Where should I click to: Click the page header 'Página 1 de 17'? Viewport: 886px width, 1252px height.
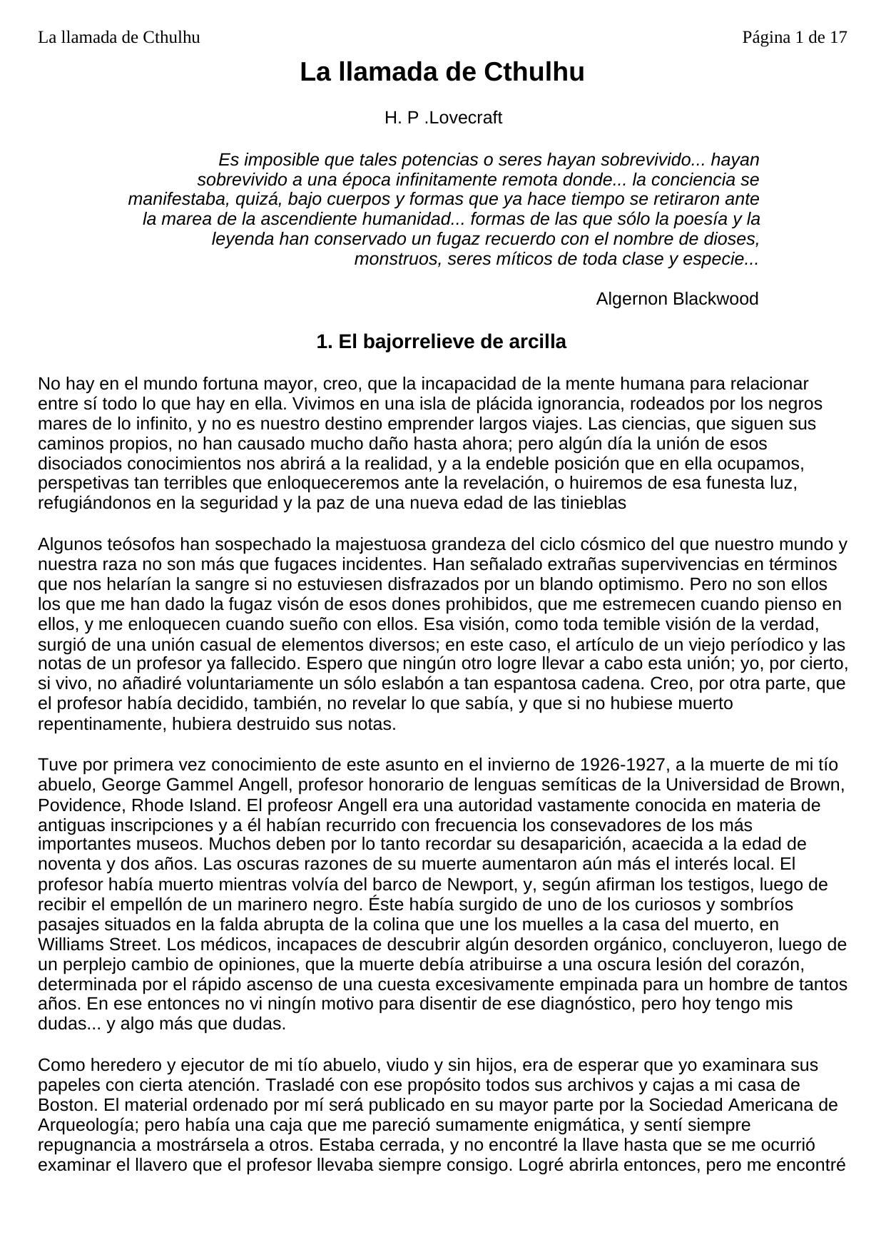[x=794, y=37]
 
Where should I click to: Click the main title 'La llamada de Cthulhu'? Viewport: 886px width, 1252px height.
[x=442, y=72]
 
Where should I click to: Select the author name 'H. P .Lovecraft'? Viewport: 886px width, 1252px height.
[x=443, y=118]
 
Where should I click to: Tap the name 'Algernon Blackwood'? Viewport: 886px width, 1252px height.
[x=677, y=299]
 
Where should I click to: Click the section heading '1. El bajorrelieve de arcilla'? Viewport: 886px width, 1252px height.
[x=441, y=342]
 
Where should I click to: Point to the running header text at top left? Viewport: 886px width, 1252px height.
[x=118, y=37]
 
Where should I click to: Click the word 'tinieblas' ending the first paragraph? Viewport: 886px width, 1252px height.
[x=591, y=503]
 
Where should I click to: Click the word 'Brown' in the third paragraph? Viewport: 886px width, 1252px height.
[x=820, y=785]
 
